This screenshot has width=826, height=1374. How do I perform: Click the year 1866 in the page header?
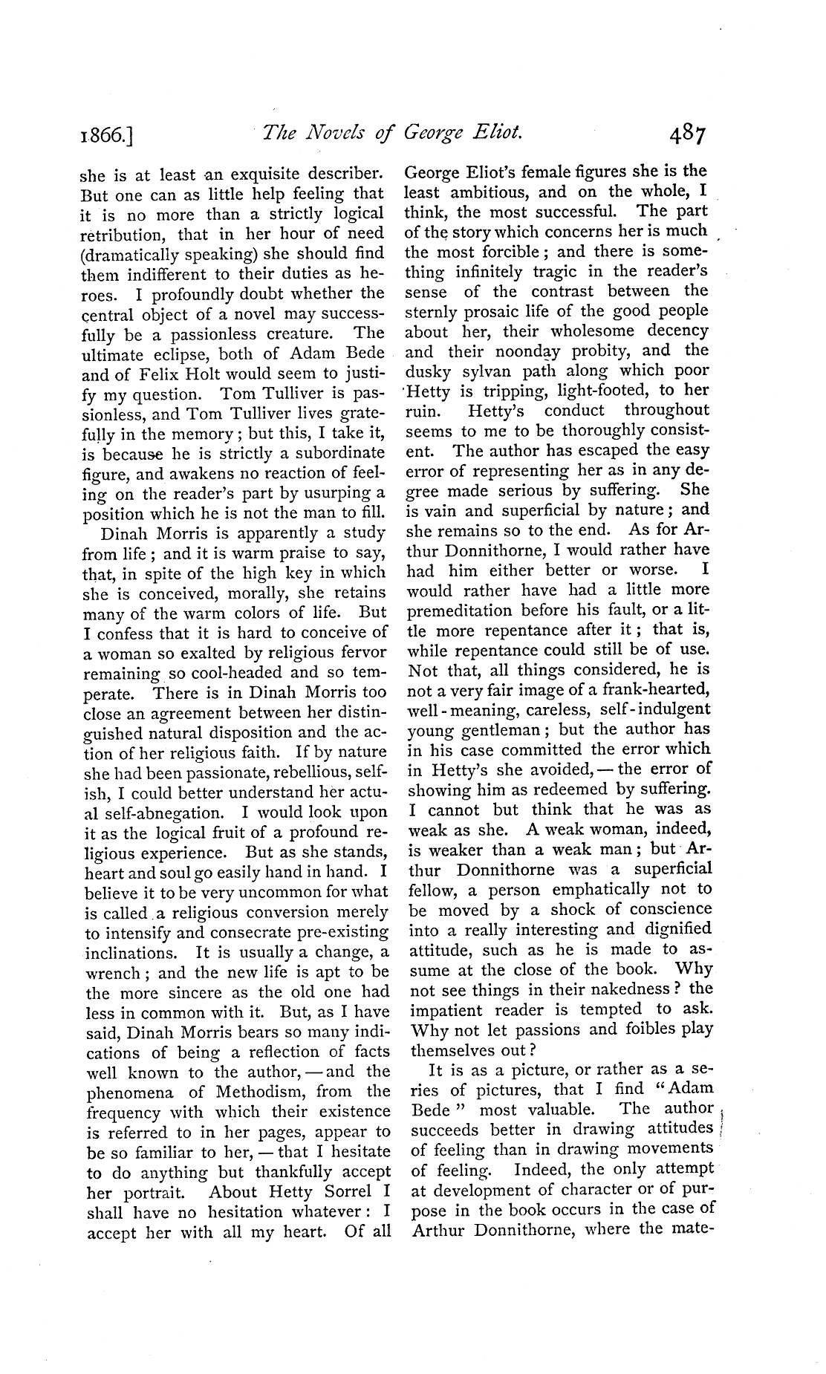tap(107, 136)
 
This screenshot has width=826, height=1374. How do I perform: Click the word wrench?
tap(114, 973)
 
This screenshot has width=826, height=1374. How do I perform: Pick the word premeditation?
tap(459, 611)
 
